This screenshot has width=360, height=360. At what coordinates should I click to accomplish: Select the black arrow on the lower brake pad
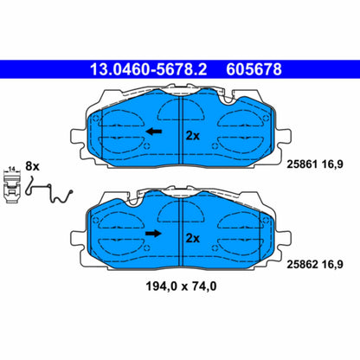pyautogui.click(x=153, y=234)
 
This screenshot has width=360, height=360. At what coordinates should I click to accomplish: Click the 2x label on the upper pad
pyautogui.click(x=192, y=135)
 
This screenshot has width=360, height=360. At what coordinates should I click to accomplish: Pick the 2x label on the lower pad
pyautogui.click(x=192, y=237)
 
